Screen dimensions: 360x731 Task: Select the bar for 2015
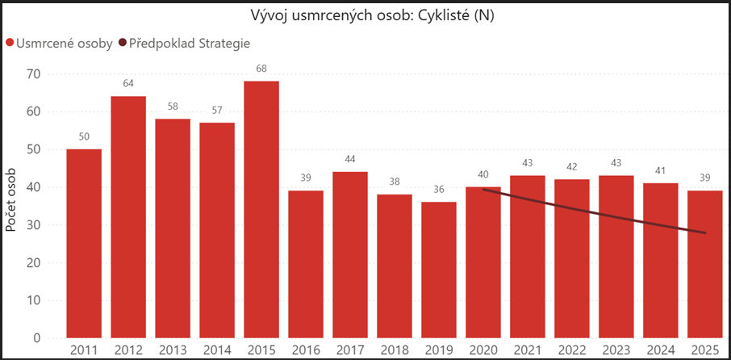point(261,210)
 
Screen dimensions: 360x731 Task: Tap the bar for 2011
point(84,242)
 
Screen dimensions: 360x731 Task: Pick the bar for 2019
point(439,270)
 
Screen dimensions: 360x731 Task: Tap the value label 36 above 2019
point(439,190)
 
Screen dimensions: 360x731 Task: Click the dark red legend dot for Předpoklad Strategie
point(123,44)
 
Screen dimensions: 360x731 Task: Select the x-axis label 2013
point(173,349)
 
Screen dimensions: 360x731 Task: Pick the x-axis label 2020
point(483,349)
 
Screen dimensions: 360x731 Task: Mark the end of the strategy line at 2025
point(706,233)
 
